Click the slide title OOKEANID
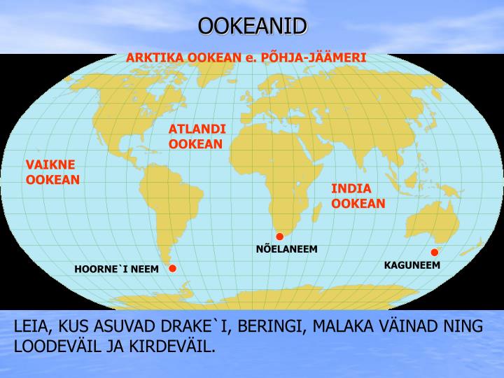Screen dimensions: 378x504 [x=252, y=26]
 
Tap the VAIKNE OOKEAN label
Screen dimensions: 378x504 [x=52, y=172]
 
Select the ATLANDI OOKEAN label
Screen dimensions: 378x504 [x=197, y=136]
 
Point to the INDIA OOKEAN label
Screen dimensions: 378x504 [x=358, y=196]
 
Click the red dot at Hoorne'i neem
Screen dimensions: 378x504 [x=173, y=268]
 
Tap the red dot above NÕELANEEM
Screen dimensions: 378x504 [x=279, y=237]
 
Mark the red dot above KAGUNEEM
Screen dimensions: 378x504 [x=434, y=252]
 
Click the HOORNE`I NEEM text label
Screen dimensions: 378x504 [x=117, y=269]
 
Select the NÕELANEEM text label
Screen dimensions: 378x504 [x=286, y=248]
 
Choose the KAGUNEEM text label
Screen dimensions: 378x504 [x=412, y=265]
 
